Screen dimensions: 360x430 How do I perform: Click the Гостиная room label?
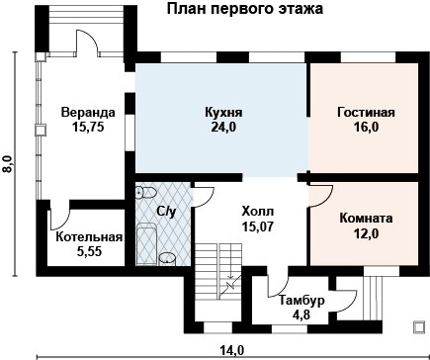(x=365, y=113)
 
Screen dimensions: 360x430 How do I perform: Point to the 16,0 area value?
(x=365, y=128)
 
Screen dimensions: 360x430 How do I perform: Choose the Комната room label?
(x=366, y=219)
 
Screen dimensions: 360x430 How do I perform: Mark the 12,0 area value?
(x=366, y=234)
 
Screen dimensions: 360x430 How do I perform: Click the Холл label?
(x=258, y=210)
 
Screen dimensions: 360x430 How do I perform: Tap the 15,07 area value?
(x=258, y=225)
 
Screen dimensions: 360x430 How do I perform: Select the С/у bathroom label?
(x=166, y=211)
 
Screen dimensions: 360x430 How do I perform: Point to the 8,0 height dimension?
(x=8, y=164)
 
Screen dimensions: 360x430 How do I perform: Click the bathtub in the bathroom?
(x=145, y=241)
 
